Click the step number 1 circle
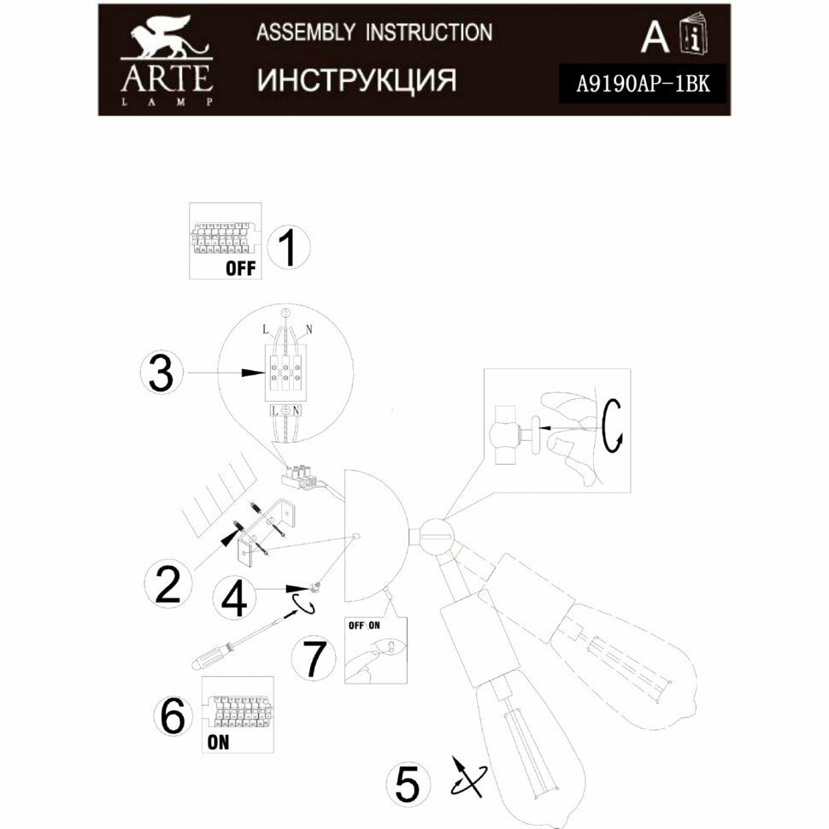(288, 248)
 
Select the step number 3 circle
(160, 373)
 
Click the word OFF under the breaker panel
(240, 268)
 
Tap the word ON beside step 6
(218, 742)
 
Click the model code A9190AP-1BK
(641, 85)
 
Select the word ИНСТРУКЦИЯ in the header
(356, 79)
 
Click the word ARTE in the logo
(166, 79)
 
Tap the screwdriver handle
(212, 657)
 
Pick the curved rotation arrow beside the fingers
(612, 425)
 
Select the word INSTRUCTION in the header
(429, 32)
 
